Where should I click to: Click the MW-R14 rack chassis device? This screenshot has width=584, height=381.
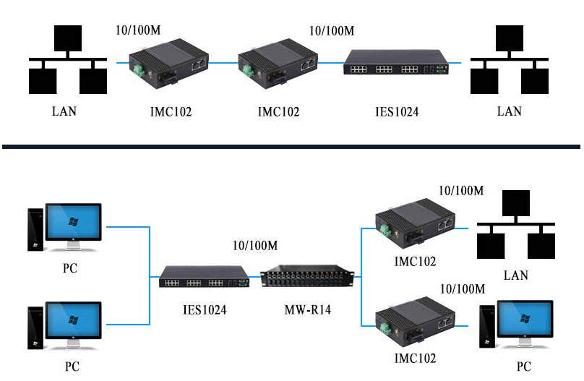pos(307,276)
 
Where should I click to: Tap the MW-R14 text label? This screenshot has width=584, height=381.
pos(307,309)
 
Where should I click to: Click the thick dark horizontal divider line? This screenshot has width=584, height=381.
pos(291,147)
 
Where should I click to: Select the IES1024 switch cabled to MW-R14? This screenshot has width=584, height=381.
pos(204,276)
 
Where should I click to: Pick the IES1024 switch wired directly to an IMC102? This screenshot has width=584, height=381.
pos(396,62)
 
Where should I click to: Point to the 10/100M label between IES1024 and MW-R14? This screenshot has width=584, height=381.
pos(255,245)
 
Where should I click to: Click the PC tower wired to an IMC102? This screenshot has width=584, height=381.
pos(487,326)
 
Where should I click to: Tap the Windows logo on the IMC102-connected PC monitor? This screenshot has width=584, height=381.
pos(525,318)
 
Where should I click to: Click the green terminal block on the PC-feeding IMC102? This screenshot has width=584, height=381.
pos(385,328)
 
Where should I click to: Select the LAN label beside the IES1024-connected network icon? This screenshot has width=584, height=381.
pos(509,111)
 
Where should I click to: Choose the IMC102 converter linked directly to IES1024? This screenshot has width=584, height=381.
pos(278,64)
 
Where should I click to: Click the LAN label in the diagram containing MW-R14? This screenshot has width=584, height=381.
pos(516,275)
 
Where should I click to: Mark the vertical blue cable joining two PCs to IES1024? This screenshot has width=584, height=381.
pos(150,275)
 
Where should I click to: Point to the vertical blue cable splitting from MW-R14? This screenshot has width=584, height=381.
pos(361,277)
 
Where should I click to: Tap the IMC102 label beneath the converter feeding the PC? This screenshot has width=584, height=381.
pos(415,359)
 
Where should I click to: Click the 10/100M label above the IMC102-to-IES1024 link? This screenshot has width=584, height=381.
pos(332,30)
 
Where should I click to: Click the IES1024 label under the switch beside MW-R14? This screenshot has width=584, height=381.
pos(205,310)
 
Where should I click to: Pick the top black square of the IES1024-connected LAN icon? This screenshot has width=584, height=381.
pos(510,38)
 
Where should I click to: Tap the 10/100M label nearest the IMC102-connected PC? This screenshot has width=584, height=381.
pos(463,288)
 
